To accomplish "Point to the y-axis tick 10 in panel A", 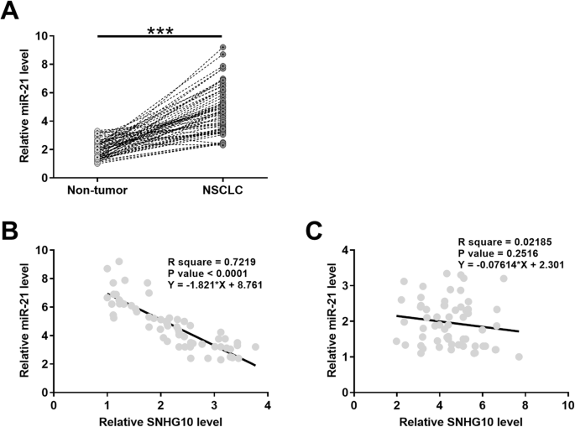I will [x=40, y=36].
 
